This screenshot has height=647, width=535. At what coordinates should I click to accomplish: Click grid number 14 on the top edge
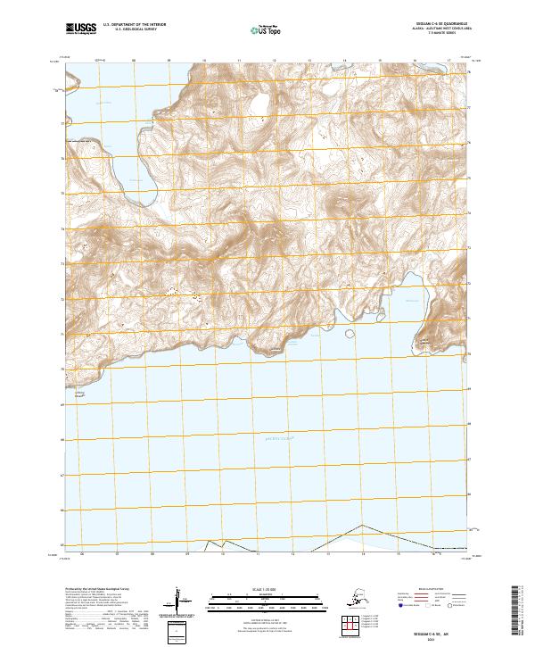click(344, 61)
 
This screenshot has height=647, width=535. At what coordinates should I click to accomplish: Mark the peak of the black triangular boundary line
click(361, 525)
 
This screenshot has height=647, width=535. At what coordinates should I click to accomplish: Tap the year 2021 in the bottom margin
click(434, 636)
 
